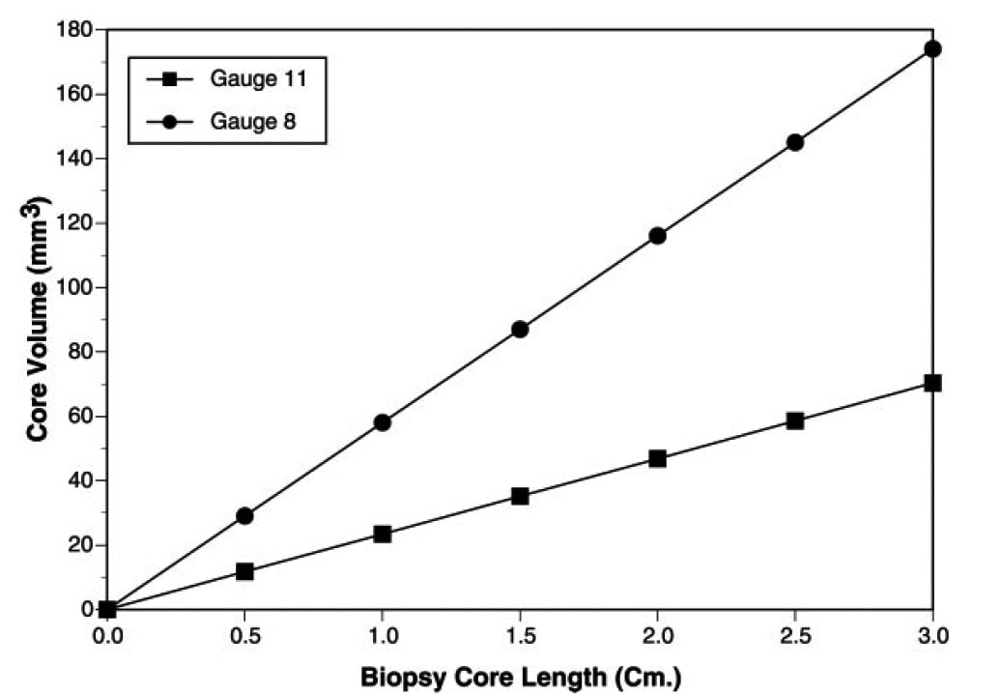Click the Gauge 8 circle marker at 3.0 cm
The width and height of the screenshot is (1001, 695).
[932, 48]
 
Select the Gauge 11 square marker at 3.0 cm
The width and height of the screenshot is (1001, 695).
[932, 383]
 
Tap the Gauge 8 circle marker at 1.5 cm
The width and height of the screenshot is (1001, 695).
[520, 329]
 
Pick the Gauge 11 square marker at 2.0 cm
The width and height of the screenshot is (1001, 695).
[657, 458]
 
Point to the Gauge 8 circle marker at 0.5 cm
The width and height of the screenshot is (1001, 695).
[244, 515]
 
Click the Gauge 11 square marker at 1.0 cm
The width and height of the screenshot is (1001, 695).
[382, 534]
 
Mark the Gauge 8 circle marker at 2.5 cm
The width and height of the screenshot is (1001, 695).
[795, 142]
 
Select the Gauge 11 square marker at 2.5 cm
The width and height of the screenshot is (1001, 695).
[795, 420]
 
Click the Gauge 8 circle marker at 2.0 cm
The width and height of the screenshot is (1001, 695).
[657, 235]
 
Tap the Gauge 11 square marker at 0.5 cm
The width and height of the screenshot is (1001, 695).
[244, 571]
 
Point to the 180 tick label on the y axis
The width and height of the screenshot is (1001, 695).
[73, 30]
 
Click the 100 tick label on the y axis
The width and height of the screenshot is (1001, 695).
[73, 287]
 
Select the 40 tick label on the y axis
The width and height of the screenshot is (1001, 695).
[79, 480]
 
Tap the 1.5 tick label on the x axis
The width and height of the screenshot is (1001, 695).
[520, 636]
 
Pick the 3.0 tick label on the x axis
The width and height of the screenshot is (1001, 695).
[932, 636]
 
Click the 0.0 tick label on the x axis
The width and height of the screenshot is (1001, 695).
[107, 636]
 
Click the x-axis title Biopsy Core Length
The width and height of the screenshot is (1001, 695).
[521, 677]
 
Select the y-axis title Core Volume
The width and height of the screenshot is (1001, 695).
[39, 319]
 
